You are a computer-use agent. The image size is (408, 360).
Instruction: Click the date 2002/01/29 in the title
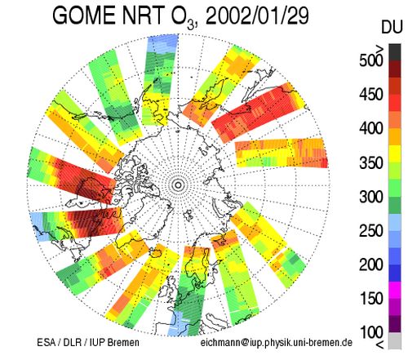[x=257, y=16]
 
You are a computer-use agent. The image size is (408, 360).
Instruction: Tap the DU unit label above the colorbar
[x=392, y=28]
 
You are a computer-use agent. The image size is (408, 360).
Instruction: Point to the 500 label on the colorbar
[x=371, y=60]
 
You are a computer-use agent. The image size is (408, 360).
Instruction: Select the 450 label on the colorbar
[x=371, y=95]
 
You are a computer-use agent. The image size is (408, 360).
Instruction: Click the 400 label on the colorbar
[x=371, y=128]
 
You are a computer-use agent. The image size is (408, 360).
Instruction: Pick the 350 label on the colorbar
[x=371, y=162]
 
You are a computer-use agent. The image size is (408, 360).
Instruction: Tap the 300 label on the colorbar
[x=371, y=197]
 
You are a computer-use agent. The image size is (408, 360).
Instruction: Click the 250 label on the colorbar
[x=371, y=231]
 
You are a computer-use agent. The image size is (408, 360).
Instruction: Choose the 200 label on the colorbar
[x=371, y=264]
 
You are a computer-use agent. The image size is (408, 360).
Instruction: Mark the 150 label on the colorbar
[x=371, y=299]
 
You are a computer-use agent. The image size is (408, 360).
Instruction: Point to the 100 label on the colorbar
[x=371, y=332]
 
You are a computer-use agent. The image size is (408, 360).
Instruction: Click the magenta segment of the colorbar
[x=395, y=290]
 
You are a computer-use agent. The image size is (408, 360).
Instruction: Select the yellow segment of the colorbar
[x=395, y=153]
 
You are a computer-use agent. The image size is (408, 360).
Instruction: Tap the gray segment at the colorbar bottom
[x=395, y=340]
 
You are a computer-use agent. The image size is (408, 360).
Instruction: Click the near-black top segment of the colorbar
[x=395, y=52]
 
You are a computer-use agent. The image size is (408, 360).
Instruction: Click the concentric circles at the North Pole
[x=178, y=185]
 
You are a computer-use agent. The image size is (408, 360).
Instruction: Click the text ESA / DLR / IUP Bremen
[x=88, y=342]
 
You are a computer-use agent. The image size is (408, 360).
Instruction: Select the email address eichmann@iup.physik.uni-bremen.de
[x=277, y=343]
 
